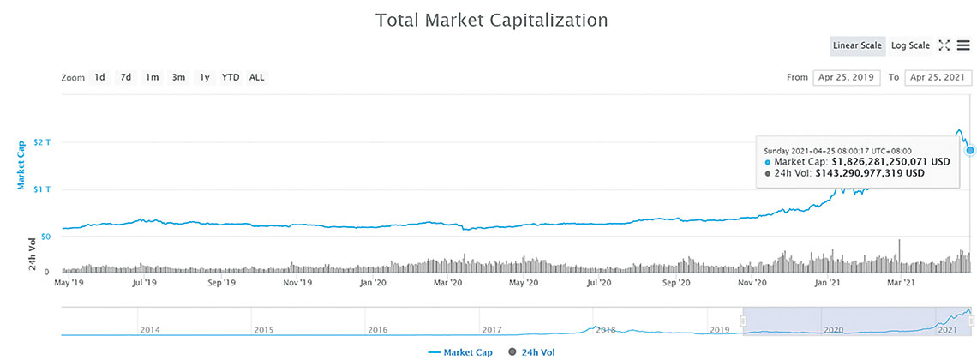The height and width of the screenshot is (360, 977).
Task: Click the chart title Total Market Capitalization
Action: (x=491, y=20)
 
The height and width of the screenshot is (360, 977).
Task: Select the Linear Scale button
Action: (x=858, y=45)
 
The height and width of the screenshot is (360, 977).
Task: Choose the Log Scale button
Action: (x=910, y=45)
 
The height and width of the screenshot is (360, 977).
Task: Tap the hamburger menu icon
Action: (x=964, y=45)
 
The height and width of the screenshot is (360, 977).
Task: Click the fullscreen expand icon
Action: (x=944, y=45)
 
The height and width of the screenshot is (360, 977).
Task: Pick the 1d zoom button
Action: (x=99, y=77)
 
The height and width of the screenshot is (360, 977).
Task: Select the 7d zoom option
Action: (x=126, y=77)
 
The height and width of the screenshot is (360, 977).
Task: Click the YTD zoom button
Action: (x=231, y=77)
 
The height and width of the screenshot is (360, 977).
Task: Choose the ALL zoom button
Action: (x=257, y=77)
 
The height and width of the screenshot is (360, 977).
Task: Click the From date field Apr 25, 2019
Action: (x=846, y=77)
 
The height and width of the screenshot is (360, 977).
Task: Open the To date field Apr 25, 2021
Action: (x=938, y=77)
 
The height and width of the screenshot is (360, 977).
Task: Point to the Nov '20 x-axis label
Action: (x=752, y=281)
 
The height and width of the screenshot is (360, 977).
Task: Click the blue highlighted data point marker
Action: (x=969, y=150)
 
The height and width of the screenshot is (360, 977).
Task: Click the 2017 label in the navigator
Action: (x=491, y=329)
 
